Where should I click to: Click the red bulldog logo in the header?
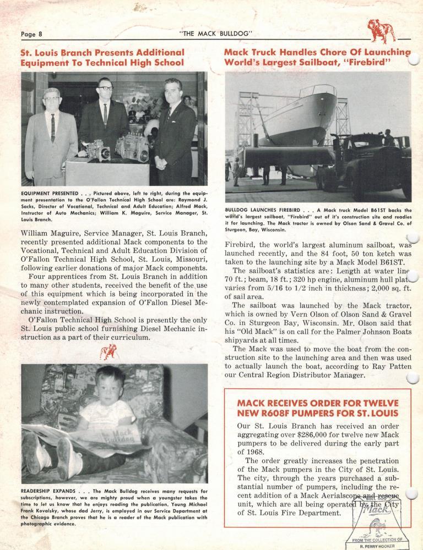pyautogui.click(x=382, y=30)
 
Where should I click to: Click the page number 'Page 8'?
pyautogui.click(x=31, y=34)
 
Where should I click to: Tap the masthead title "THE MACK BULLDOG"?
pyautogui.click(x=216, y=34)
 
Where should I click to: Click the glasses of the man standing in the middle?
pyautogui.click(x=105, y=88)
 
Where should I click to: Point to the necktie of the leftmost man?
pyautogui.click(x=53, y=128)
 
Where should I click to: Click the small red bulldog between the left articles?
pyautogui.click(x=108, y=352)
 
